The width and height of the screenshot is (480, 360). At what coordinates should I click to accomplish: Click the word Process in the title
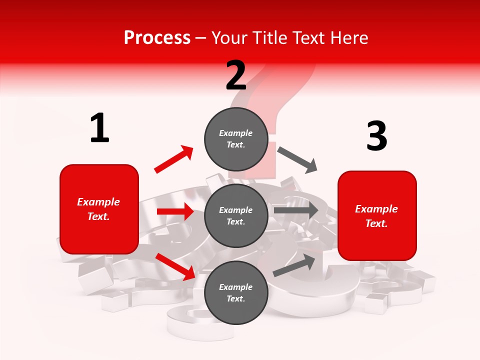157,37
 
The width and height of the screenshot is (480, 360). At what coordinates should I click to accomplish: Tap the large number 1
99,128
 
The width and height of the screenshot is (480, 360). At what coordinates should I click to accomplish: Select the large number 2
236,75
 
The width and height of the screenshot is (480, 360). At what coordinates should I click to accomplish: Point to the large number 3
376,136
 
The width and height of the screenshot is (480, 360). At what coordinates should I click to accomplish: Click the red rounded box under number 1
99,209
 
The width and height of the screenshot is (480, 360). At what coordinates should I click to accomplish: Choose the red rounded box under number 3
377,215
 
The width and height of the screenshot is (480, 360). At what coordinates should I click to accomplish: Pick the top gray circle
236,138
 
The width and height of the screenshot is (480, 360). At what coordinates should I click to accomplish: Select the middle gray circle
236,215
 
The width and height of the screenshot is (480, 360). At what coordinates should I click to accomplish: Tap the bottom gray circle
236,292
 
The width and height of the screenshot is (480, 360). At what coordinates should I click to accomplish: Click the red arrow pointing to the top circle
174,159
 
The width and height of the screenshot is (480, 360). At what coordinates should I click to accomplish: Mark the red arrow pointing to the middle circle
175,211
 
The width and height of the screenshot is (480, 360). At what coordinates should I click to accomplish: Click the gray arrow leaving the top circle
297,159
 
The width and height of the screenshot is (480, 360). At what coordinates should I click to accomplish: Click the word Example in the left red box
98,202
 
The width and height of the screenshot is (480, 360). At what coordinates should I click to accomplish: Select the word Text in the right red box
376,223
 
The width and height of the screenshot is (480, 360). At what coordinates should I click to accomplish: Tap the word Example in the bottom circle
236,287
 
